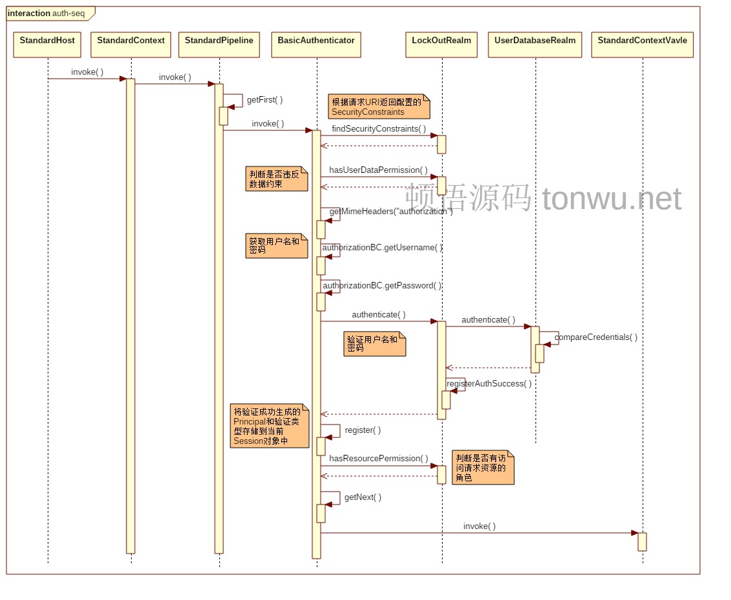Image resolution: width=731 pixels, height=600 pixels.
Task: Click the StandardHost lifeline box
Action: (x=47, y=45)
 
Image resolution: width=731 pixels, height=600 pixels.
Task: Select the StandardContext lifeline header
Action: (x=131, y=45)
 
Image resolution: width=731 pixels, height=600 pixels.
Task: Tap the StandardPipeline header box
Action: (x=219, y=45)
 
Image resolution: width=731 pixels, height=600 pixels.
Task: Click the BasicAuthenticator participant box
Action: (x=316, y=45)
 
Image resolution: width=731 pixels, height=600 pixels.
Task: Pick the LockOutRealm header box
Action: (x=442, y=45)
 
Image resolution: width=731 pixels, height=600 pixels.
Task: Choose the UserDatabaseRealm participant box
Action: (x=535, y=45)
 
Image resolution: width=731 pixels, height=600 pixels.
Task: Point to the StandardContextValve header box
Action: (x=642, y=45)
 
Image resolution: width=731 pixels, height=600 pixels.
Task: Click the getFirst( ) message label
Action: (x=265, y=100)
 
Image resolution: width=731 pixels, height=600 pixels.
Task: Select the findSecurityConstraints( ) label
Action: (x=375, y=129)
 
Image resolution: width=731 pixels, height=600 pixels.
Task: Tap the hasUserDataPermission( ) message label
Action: (x=378, y=170)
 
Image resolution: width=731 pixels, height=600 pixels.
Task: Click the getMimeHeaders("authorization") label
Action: (x=391, y=212)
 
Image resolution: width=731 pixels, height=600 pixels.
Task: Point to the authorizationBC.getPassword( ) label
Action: (x=382, y=286)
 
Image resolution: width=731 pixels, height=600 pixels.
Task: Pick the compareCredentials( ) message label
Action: (x=596, y=337)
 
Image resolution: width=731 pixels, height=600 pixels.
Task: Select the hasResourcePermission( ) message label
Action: (x=378, y=459)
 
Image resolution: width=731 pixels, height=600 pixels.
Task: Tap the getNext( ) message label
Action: (x=363, y=497)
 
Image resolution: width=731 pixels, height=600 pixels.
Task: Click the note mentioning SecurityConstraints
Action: (x=378, y=106)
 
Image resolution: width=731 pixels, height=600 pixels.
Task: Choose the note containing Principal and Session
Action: (x=270, y=426)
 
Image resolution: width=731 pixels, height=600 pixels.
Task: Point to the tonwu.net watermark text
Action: (x=612, y=198)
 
